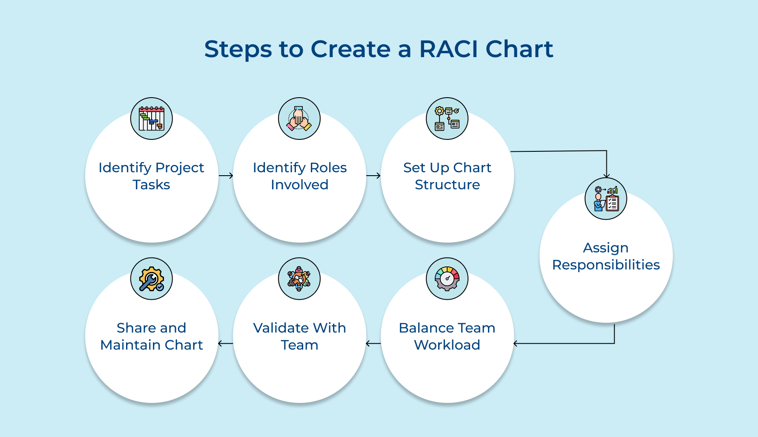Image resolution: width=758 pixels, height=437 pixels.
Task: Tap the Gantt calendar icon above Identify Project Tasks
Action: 152,119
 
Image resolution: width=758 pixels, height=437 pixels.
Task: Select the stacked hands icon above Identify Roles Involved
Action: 299,119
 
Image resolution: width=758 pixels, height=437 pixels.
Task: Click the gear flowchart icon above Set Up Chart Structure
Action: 447,119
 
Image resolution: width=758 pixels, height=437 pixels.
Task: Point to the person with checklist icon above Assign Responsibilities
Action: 606,199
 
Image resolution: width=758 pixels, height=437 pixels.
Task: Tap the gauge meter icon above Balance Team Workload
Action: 447,279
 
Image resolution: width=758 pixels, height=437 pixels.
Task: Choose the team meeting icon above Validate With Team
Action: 299,279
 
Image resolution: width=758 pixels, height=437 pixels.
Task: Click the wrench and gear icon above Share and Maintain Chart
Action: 152,279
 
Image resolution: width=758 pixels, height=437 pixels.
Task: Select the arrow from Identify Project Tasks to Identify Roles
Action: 226,176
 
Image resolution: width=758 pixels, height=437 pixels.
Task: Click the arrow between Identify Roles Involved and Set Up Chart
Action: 373,176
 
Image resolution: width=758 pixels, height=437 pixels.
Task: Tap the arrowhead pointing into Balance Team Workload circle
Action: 516,343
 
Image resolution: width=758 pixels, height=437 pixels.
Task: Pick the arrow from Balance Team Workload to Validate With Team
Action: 373,343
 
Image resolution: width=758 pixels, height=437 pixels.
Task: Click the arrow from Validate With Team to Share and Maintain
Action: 226,343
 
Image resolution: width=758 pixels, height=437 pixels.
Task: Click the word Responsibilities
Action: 606,265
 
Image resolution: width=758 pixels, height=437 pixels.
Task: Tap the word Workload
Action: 447,345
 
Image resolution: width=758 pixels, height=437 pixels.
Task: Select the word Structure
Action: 447,185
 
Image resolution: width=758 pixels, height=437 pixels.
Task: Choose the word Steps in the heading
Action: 238,50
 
